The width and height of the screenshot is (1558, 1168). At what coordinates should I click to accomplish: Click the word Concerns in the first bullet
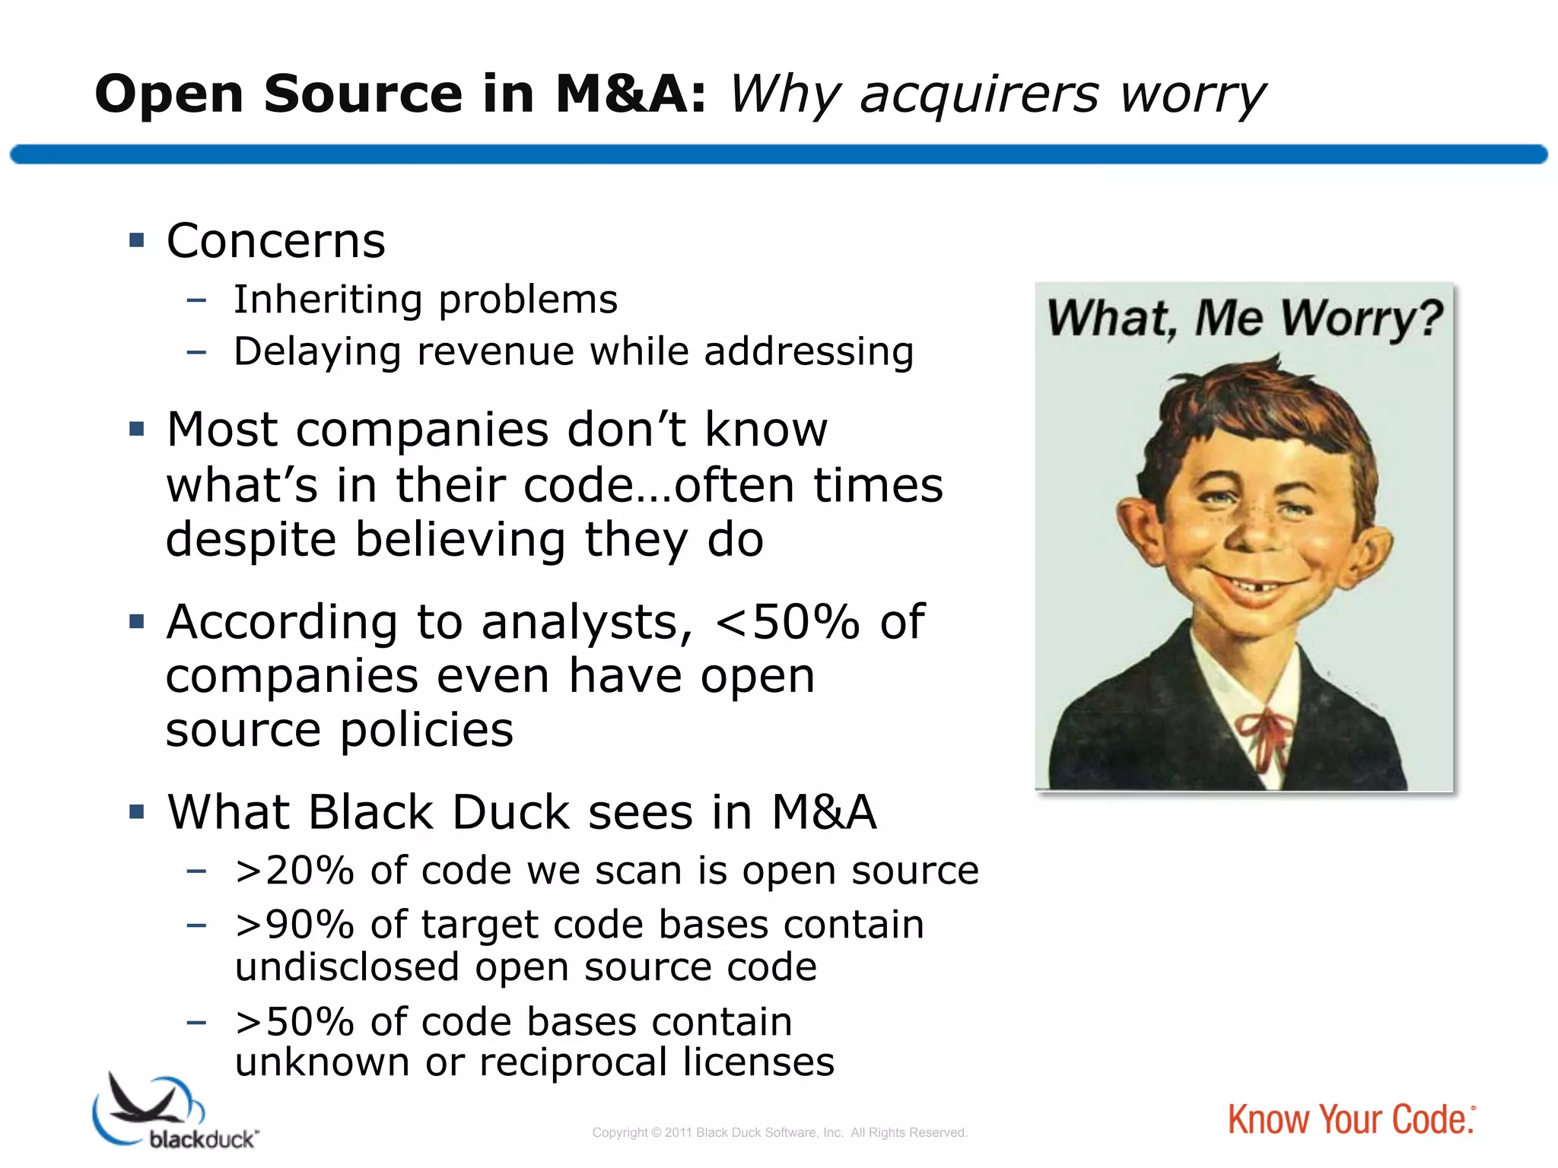[275, 241]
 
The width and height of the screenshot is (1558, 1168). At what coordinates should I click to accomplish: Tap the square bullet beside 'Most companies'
[137, 429]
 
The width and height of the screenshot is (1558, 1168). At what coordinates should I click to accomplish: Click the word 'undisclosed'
[347, 967]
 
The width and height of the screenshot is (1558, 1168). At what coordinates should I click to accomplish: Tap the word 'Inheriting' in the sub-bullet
[327, 299]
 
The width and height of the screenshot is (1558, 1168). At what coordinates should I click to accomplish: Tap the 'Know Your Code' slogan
[1351, 1119]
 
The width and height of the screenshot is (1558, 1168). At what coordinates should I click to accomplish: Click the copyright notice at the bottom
[780, 1132]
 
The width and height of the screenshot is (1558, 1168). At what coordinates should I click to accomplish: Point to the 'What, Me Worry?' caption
[1244, 318]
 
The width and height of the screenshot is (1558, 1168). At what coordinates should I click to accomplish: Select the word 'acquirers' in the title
[980, 95]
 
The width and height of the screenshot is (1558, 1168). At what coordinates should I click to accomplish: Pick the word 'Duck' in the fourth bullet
[510, 812]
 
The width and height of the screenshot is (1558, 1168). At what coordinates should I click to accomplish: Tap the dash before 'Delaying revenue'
[196, 352]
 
